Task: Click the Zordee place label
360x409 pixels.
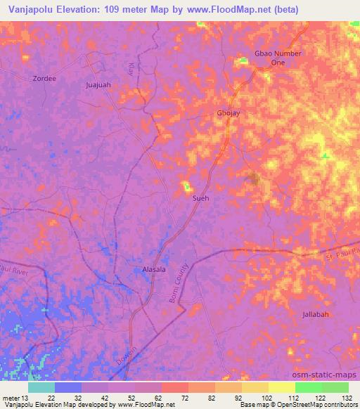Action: point(44,79)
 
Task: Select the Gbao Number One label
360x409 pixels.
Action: point(278,58)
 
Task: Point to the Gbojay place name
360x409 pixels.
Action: point(229,114)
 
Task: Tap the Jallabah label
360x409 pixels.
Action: point(316,314)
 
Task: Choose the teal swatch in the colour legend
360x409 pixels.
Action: point(41,387)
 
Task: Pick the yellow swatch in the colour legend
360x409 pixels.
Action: point(282,387)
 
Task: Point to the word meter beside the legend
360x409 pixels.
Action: point(11,398)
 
